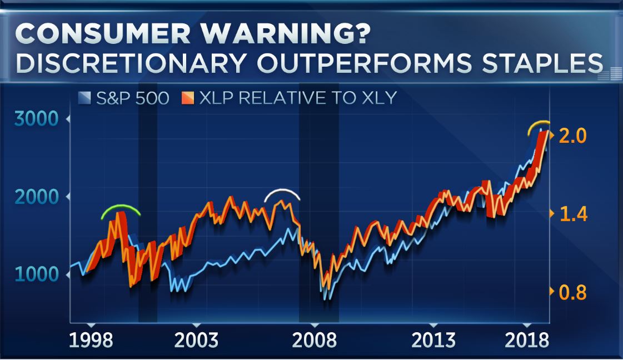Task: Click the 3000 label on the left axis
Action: coord(37,119)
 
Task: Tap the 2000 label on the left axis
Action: coord(37,197)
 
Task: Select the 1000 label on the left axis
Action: coord(37,275)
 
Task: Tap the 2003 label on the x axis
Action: coord(196,340)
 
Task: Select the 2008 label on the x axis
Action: coord(315,340)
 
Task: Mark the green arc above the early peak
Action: coord(120,209)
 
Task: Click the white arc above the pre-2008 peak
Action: coord(282,192)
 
